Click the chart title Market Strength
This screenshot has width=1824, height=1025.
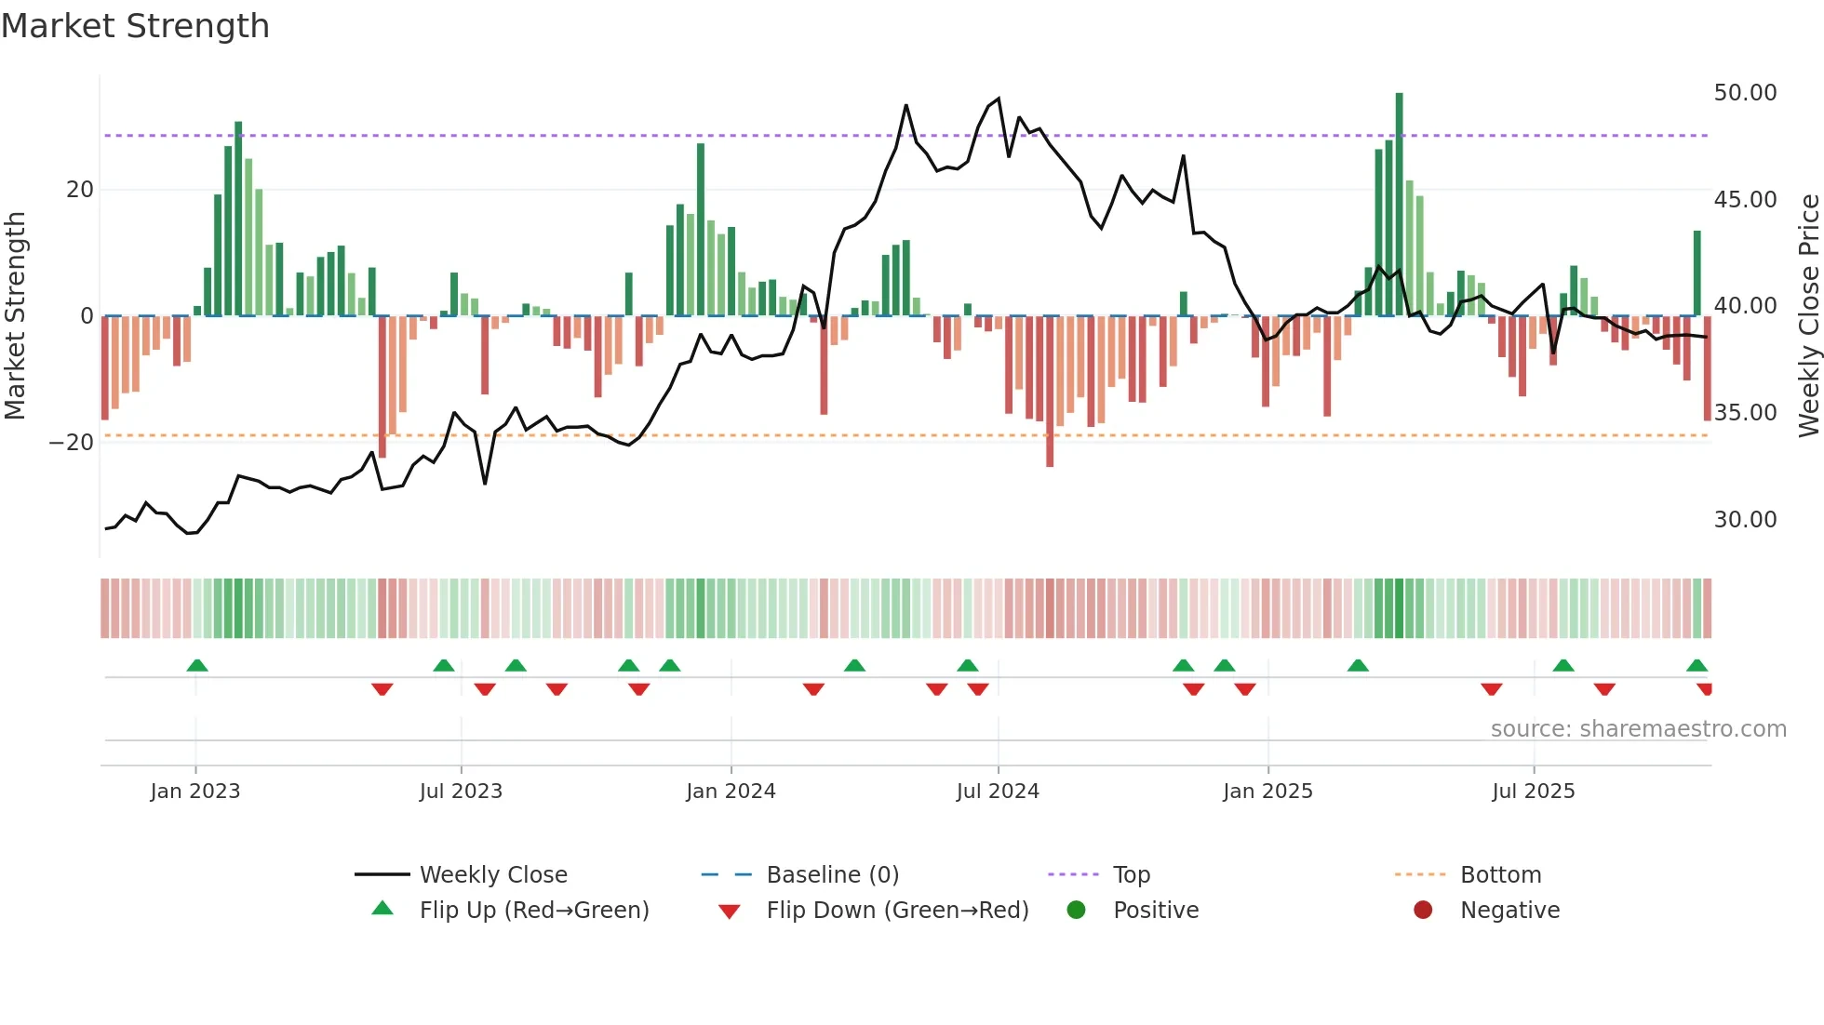[135, 26]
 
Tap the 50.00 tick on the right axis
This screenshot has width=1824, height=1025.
[1745, 93]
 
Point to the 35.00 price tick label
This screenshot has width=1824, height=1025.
[1745, 413]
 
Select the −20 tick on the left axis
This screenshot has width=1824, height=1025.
[71, 443]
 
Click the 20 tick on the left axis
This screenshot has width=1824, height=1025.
[79, 190]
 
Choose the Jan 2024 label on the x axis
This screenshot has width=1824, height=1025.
[731, 792]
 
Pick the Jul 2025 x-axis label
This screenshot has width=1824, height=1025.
[1533, 792]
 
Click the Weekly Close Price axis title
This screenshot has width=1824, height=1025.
[1808, 315]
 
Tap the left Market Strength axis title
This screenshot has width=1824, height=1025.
[16, 315]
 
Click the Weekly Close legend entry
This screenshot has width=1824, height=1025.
[492, 875]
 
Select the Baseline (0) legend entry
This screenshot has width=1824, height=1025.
[832, 875]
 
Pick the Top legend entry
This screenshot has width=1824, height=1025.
[1131, 875]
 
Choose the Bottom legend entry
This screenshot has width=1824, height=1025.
[1500, 875]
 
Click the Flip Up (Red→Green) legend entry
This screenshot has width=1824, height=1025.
[533, 911]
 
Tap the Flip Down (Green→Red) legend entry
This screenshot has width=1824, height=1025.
[897, 911]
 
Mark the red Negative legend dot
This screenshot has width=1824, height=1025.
[1423, 911]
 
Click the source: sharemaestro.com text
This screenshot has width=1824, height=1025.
[1638, 729]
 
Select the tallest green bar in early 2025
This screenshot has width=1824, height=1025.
[1399, 205]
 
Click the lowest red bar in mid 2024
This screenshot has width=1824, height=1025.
[1050, 391]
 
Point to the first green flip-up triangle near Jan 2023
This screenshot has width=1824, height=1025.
[197, 666]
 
